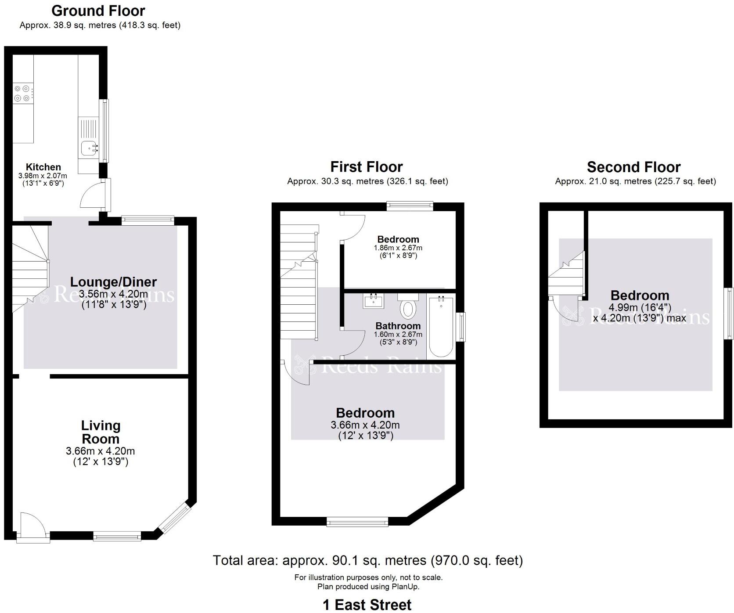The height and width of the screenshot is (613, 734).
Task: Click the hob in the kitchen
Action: [x=22, y=93]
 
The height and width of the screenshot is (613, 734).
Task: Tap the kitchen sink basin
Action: [x=88, y=148]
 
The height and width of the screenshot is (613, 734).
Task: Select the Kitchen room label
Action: [x=43, y=167]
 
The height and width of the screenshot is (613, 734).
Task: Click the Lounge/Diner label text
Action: [x=113, y=282]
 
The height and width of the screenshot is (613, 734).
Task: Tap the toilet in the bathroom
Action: [x=408, y=307]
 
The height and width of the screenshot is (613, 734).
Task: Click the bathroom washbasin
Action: [x=374, y=301]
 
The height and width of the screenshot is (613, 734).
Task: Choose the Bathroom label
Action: [x=398, y=326]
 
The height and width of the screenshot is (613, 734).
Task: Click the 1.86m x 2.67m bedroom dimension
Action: [x=398, y=248]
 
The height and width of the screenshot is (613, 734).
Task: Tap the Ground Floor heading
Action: [x=98, y=11]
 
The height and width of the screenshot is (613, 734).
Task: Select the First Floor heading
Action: [x=367, y=167]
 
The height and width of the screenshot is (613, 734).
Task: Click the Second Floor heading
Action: [x=633, y=167]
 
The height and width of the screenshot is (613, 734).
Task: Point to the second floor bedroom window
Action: [x=729, y=313]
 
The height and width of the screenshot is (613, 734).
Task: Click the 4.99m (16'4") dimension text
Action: [x=640, y=307]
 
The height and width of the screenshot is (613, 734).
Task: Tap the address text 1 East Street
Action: [x=367, y=605]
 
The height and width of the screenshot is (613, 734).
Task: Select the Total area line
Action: [x=367, y=560]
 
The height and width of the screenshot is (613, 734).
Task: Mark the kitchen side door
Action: [x=105, y=195]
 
